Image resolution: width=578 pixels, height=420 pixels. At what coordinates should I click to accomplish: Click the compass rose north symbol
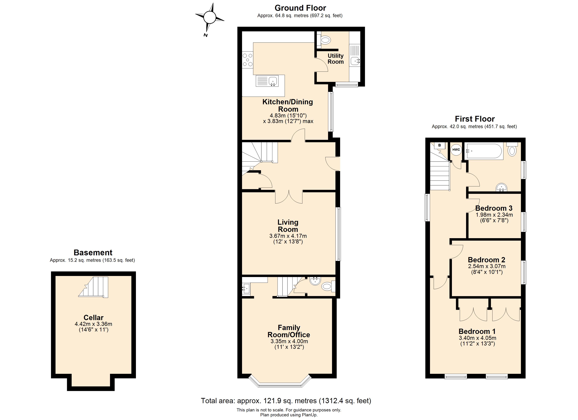(x=209, y=17)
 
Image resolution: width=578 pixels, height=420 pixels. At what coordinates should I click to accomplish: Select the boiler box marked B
(x=440, y=145)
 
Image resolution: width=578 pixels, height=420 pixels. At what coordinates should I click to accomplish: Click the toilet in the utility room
(x=325, y=40)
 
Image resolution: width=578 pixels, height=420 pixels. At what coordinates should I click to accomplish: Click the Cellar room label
(x=94, y=318)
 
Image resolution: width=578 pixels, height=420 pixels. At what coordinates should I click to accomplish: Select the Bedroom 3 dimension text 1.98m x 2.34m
(x=494, y=215)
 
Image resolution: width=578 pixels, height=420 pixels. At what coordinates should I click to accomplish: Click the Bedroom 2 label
(x=487, y=260)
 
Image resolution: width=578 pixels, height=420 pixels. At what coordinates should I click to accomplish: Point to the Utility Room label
(x=335, y=59)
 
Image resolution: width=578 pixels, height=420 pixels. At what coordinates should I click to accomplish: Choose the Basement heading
(x=93, y=253)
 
